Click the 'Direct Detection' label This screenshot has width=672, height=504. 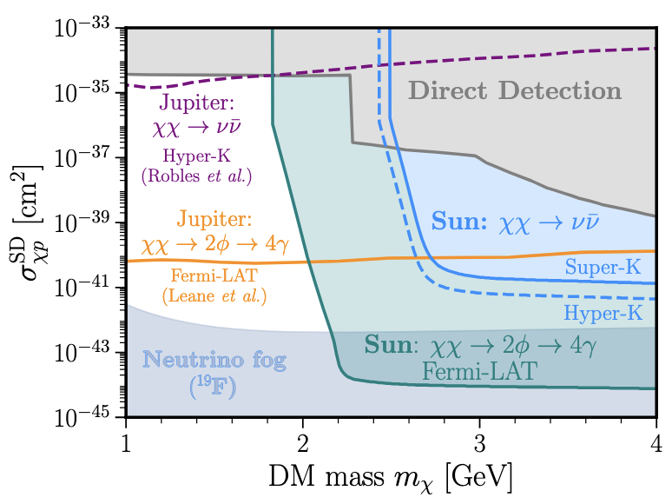click(x=515, y=90)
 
